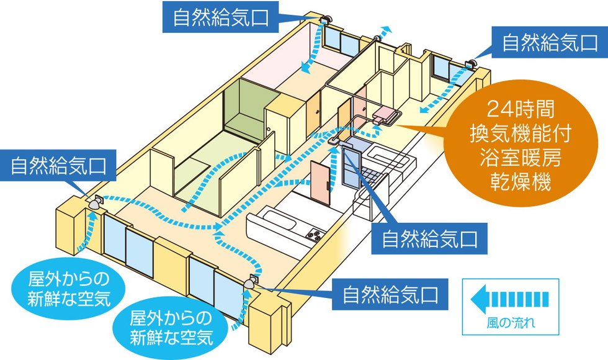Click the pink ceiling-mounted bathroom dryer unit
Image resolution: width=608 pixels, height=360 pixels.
point(387,114)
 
